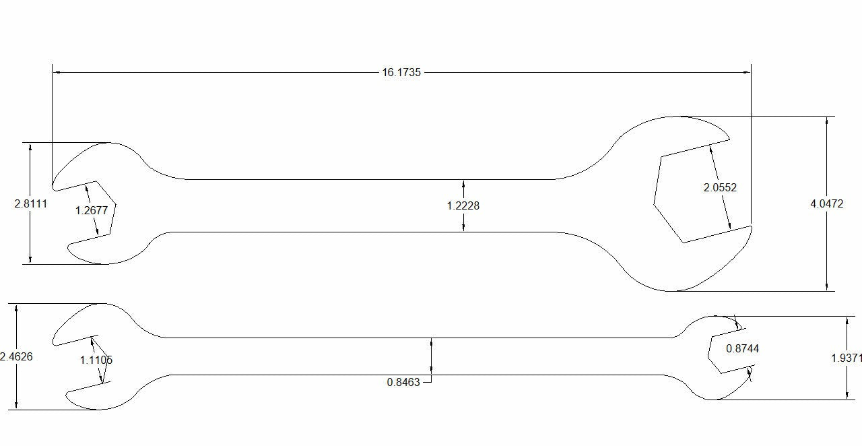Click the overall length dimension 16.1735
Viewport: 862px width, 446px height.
tap(401, 72)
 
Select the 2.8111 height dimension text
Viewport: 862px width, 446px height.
tap(31, 203)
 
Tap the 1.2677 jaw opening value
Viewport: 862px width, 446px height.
tap(92, 210)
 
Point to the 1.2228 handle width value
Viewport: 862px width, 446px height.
tap(463, 205)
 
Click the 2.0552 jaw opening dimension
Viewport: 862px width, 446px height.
tap(720, 188)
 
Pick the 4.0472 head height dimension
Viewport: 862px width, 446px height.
tap(826, 203)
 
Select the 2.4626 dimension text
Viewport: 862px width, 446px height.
tap(16, 356)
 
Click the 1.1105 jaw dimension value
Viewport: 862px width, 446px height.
tap(96, 360)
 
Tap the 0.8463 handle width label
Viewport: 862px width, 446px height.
tap(403, 382)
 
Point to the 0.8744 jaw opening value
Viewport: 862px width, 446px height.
tap(742, 348)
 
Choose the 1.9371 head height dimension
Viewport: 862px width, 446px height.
tap(846, 358)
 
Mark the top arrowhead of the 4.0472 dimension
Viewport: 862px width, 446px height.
tap(826, 120)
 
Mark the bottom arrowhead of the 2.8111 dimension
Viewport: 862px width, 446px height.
tap(30, 260)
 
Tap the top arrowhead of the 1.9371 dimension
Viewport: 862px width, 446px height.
tap(847, 319)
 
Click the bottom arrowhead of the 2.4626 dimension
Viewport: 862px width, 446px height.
tap(16, 406)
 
